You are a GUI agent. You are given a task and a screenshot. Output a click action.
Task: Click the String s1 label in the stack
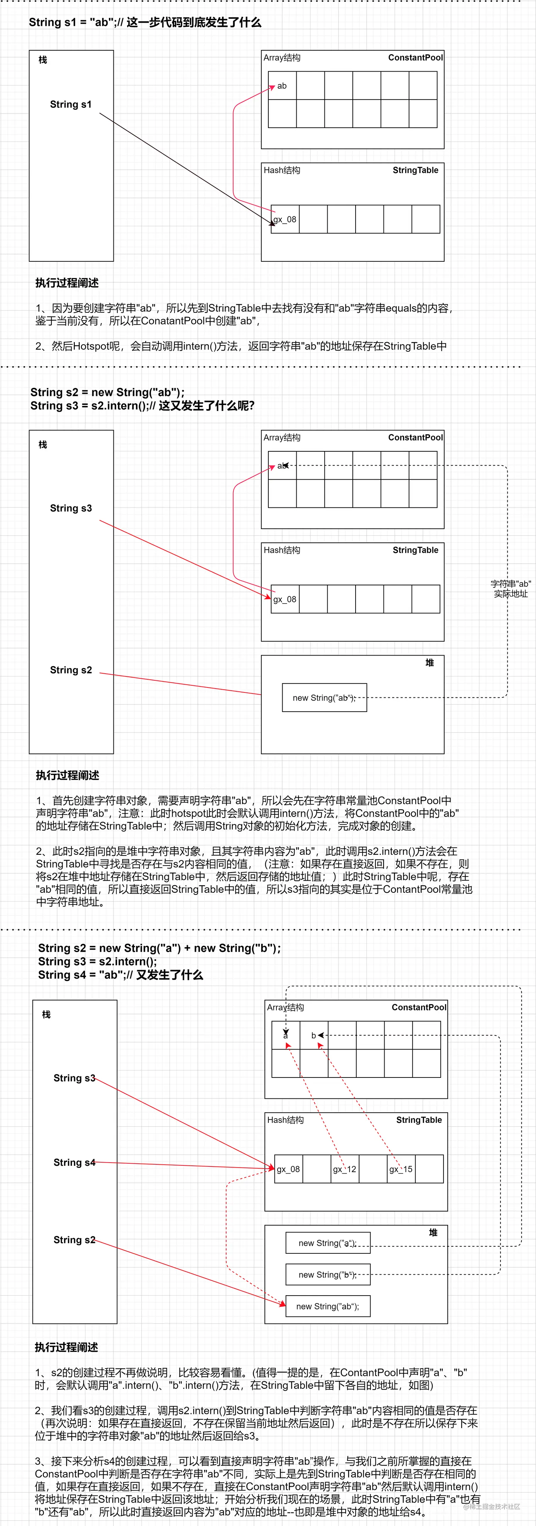(x=71, y=104)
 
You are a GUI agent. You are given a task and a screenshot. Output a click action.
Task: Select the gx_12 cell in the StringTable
(x=344, y=1169)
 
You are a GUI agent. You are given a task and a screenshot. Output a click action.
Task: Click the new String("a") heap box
(x=328, y=1243)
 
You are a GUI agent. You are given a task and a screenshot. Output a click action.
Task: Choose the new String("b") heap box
(x=328, y=1274)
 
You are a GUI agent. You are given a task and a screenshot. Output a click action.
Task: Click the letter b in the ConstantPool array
(x=313, y=1036)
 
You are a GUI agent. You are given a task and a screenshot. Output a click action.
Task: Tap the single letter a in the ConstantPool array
(x=285, y=1036)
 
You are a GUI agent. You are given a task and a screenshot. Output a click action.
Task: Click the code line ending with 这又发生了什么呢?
(x=142, y=406)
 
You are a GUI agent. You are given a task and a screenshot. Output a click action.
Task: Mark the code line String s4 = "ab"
(x=120, y=975)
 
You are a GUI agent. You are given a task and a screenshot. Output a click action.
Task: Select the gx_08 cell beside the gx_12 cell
(x=289, y=1169)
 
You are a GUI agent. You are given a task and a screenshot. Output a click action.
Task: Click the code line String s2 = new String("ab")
(x=107, y=392)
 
